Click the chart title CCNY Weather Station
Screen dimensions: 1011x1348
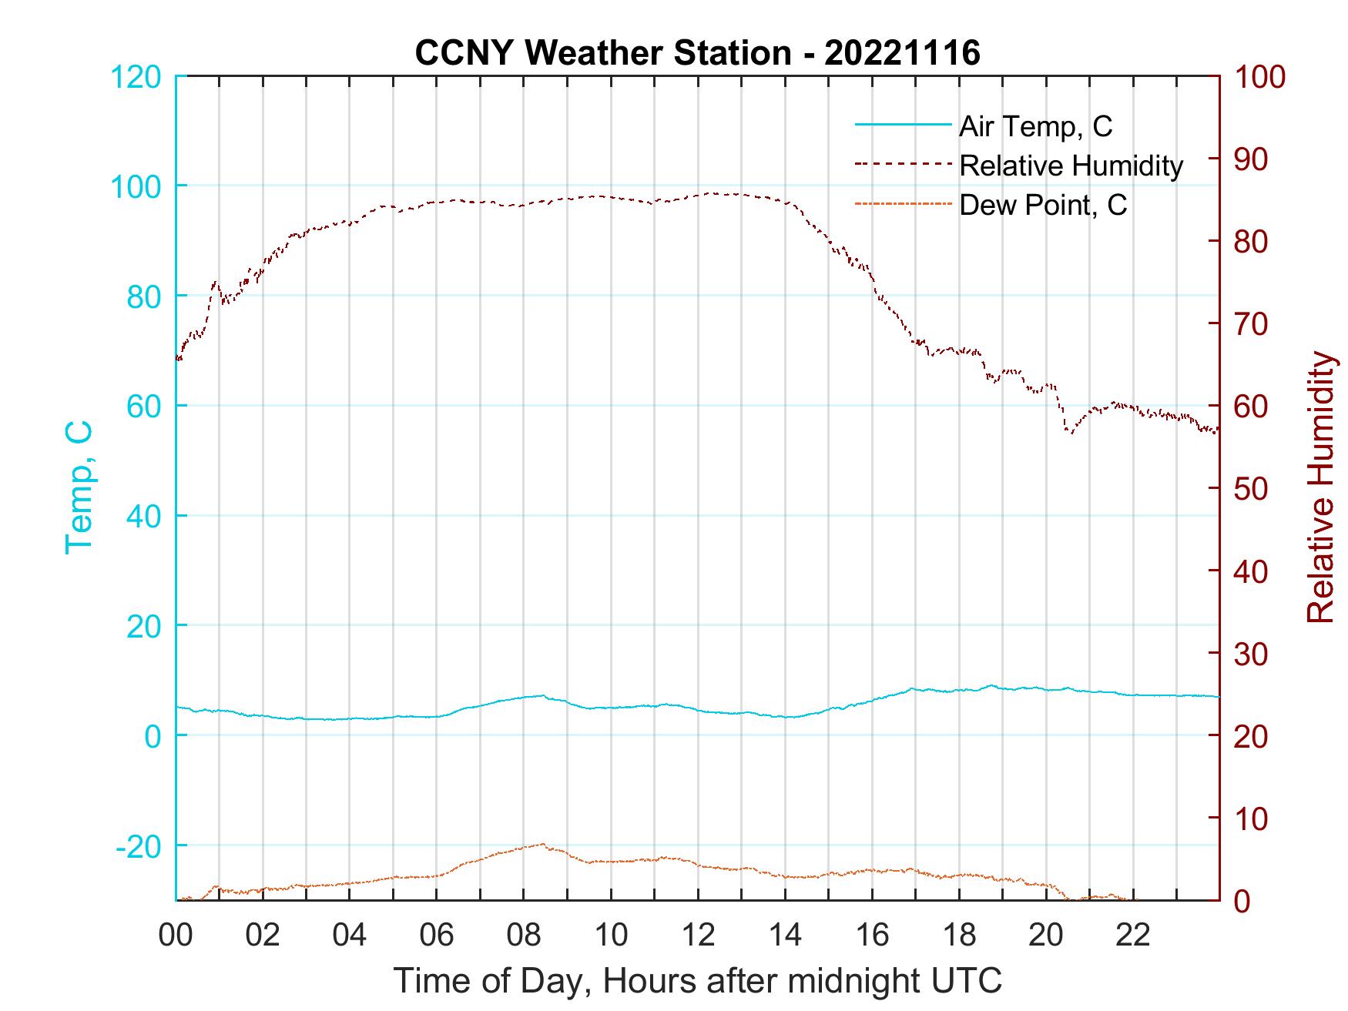pyautogui.click(x=697, y=53)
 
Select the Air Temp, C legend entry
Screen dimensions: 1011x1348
pyautogui.click(x=1035, y=126)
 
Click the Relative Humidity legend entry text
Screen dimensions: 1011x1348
pyautogui.click(x=1071, y=166)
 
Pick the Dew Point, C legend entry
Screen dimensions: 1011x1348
pyautogui.click(x=1043, y=206)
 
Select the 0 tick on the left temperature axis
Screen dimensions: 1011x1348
pyautogui.click(x=152, y=735)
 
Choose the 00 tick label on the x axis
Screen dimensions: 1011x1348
pyautogui.click(x=176, y=936)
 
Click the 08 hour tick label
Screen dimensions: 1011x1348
pyautogui.click(x=524, y=936)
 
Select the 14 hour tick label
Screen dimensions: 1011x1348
pyautogui.click(x=785, y=936)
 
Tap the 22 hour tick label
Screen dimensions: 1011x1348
pyautogui.click(x=1133, y=936)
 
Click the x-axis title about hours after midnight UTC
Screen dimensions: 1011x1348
pyautogui.click(x=698, y=981)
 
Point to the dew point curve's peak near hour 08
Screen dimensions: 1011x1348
pyautogui.click(x=542, y=844)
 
